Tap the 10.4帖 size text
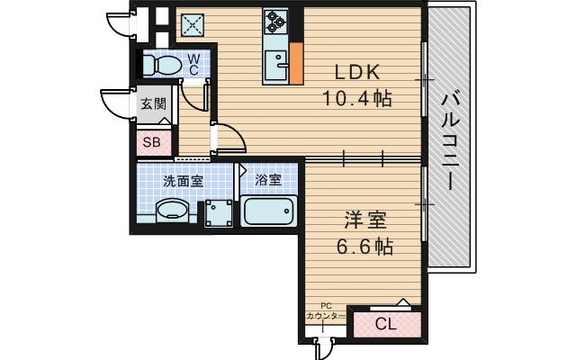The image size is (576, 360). pyautogui.click(x=357, y=99)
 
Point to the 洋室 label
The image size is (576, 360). pyautogui.click(x=357, y=220)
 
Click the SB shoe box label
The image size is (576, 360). pyautogui.click(x=150, y=140)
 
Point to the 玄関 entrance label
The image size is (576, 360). pyautogui.click(x=152, y=103)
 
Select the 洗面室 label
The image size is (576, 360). pyautogui.click(x=183, y=180)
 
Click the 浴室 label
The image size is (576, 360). pyautogui.click(x=267, y=180)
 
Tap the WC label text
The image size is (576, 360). pyautogui.click(x=193, y=65)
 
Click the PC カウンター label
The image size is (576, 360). pyautogui.click(x=325, y=311)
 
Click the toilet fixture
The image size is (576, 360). pyautogui.click(x=161, y=65)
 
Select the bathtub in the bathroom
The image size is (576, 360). pyautogui.click(x=269, y=212)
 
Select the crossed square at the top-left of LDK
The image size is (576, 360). pyautogui.click(x=193, y=25)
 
